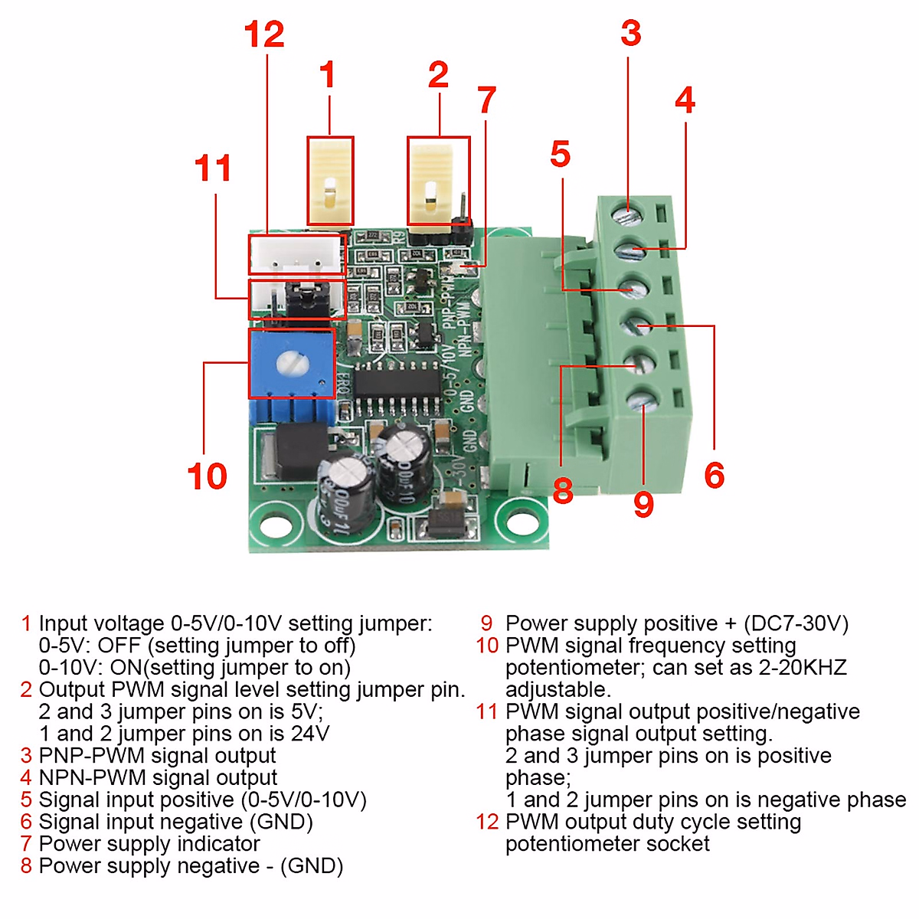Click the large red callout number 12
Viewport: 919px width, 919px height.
(x=264, y=35)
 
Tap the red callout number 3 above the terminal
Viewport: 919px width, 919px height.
(x=630, y=34)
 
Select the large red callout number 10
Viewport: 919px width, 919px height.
(x=207, y=476)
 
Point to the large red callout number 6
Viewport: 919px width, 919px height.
(x=714, y=476)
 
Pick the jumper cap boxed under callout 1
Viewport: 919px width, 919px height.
(x=330, y=181)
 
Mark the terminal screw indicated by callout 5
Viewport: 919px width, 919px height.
(x=633, y=289)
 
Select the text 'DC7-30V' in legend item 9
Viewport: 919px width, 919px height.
(x=796, y=623)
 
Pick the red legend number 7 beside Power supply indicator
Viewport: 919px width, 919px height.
(x=26, y=844)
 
